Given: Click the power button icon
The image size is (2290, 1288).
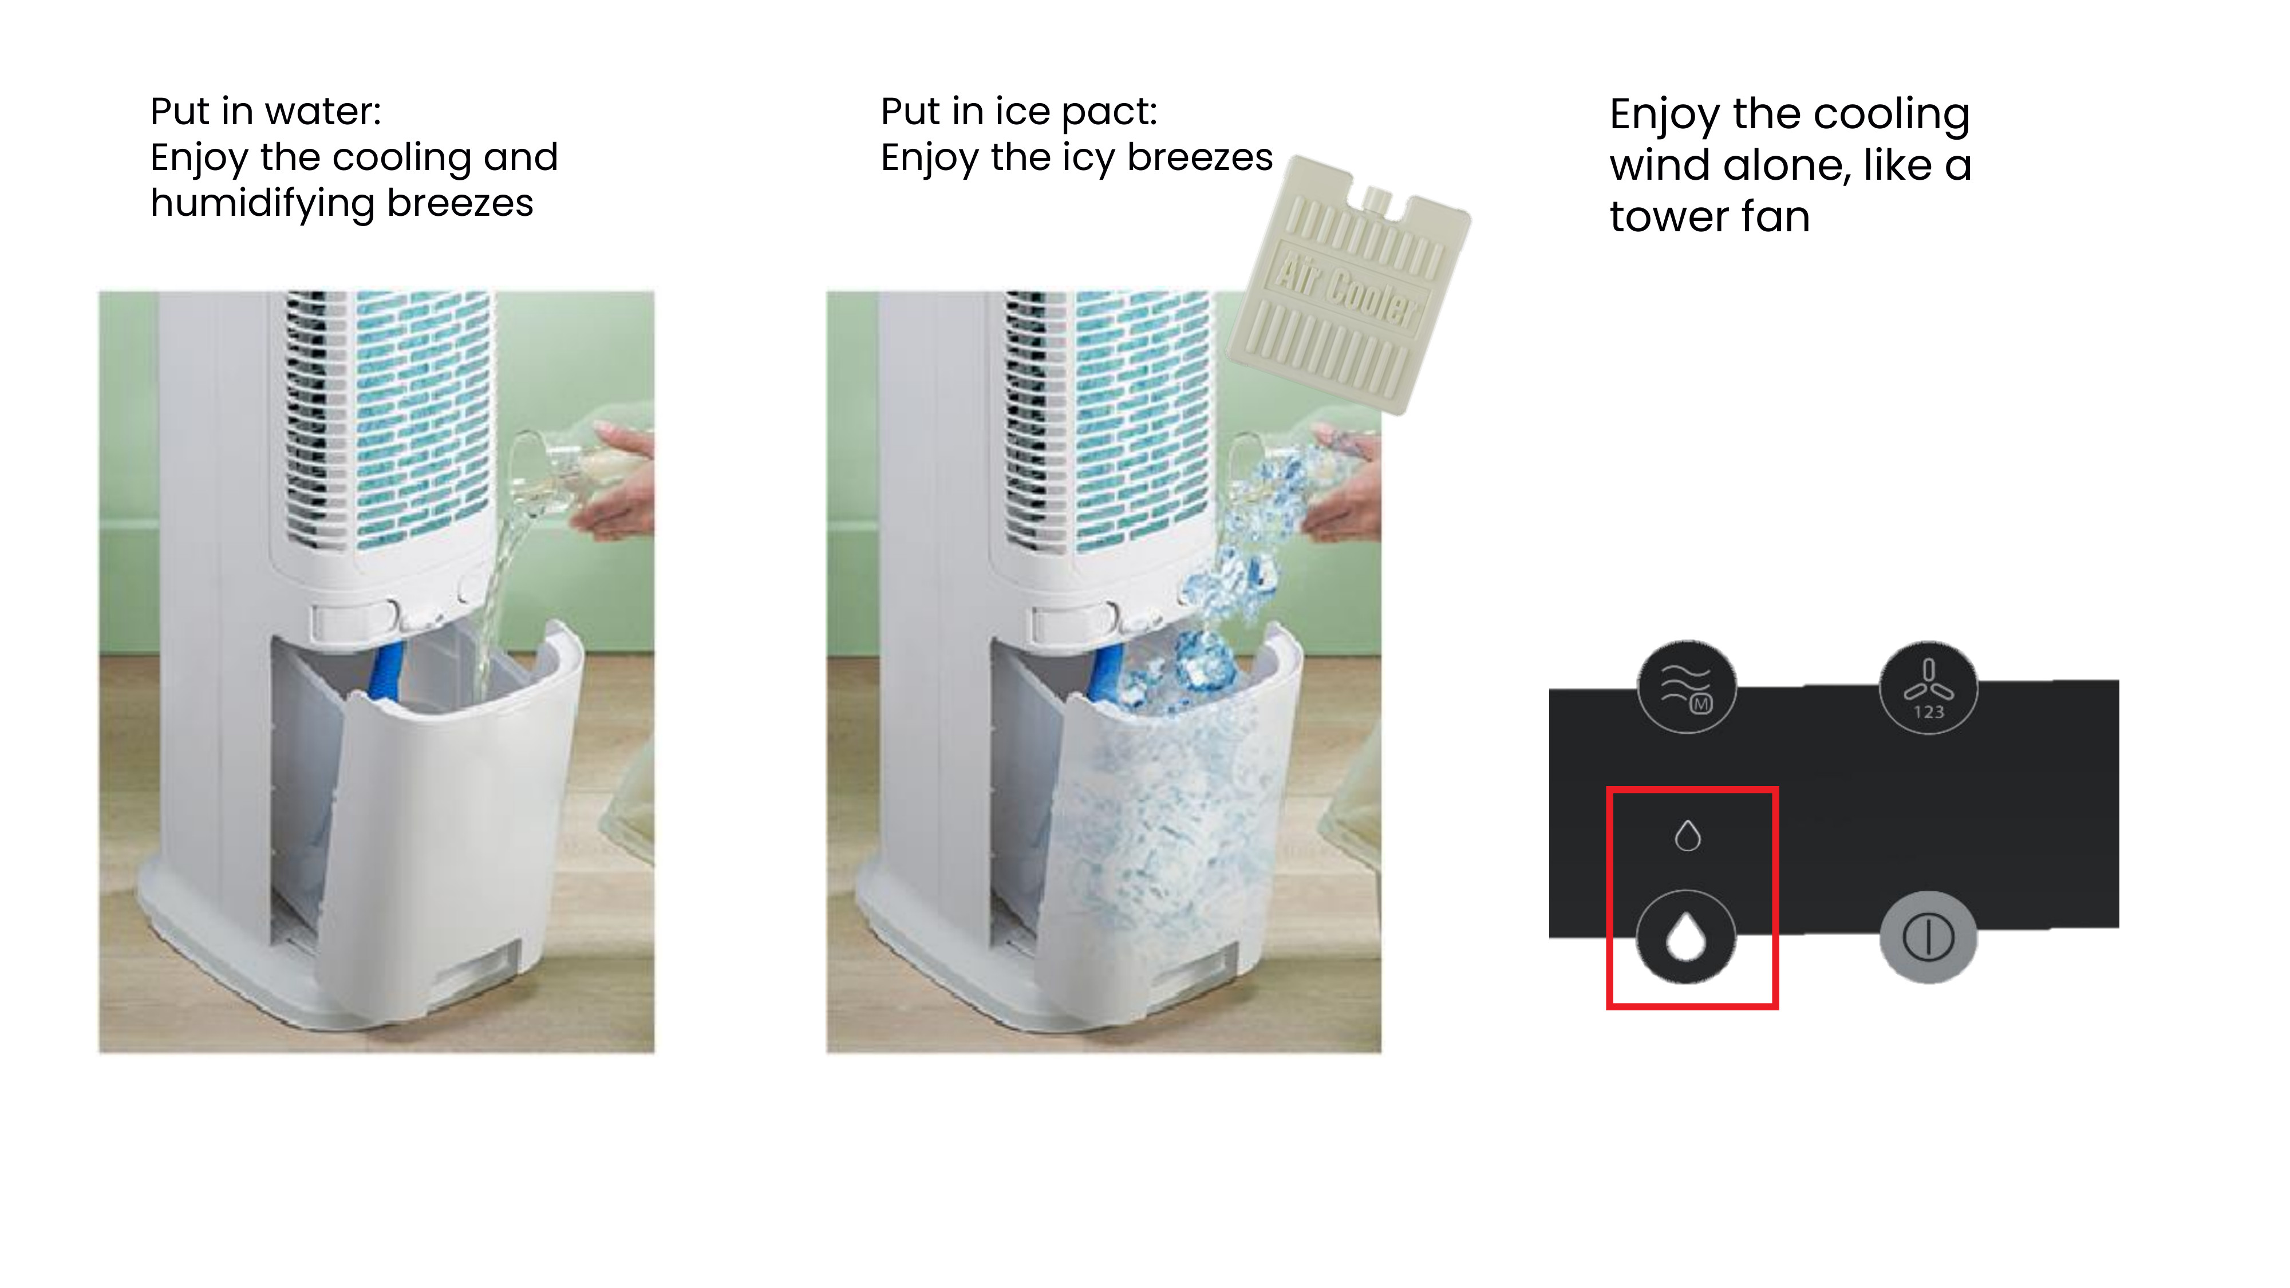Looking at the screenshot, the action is tap(1928, 937).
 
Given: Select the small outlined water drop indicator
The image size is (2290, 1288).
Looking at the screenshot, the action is tap(1687, 836).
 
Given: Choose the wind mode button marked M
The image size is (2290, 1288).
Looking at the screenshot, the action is tap(1687, 687).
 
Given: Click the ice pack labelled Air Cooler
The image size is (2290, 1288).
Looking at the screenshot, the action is tap(1349, 285).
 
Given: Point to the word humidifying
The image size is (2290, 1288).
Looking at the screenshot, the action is tap(263, 204).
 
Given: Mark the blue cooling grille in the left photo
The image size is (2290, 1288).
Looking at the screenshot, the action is tap(423, 418).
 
